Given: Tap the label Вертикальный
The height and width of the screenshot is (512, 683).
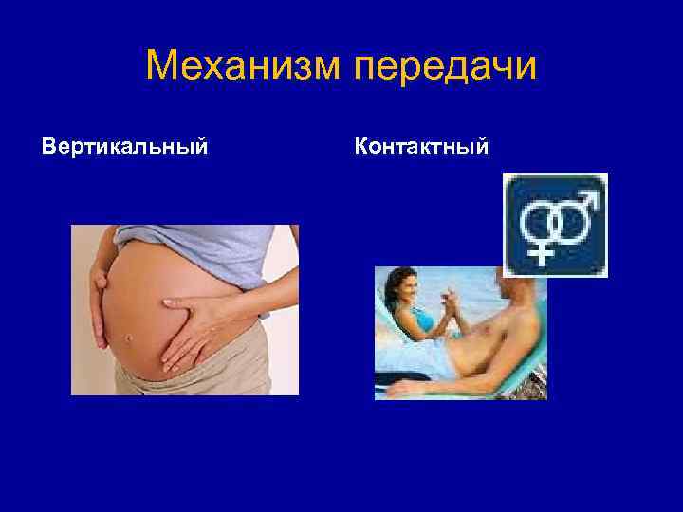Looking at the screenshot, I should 125,148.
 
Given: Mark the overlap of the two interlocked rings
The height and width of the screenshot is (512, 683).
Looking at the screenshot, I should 556,225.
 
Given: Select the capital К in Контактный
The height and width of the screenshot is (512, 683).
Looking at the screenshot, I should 361,147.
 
